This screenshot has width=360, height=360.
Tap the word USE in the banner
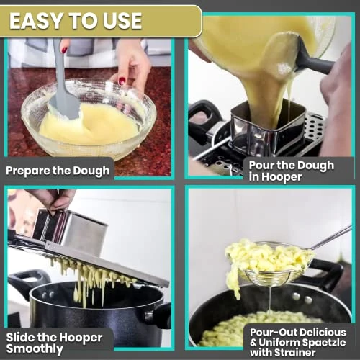coord(122,21)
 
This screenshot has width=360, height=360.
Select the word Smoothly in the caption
coord(35,349)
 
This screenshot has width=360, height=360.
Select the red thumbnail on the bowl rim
coord(122,81)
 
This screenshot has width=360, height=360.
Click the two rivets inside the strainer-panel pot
coord(302,298)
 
